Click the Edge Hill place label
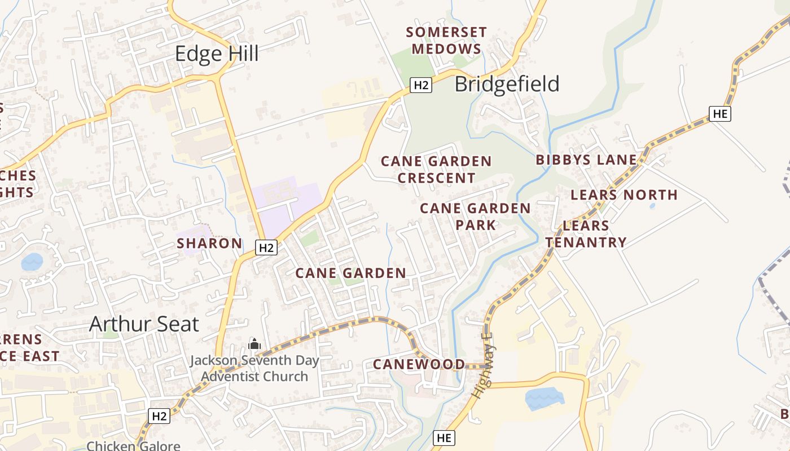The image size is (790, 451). (x=217, y=54)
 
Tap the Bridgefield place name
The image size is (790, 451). (x=507, y=84)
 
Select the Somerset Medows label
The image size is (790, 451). (x=446, y=41)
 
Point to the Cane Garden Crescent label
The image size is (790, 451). (x=436, y=170)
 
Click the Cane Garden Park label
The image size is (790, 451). (x=475, y=216)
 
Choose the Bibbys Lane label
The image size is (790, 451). (x=586, y=160)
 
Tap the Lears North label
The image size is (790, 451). (x=624, y=195)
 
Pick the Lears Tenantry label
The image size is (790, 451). (x=586, y=234)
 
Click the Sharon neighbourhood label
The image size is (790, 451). (x=209, y=244)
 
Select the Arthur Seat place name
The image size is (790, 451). (x=144, y=324)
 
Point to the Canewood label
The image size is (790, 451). (x=419, y=364)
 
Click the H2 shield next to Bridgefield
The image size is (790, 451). (x=421, y=85)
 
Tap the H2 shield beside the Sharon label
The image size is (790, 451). (x=266, y=247)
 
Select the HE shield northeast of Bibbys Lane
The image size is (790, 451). (x=719, y=113)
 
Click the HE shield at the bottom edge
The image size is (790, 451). (x=444, y=437)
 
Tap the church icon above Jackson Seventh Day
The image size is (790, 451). (x=254, y=343)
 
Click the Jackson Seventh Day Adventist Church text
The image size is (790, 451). (x=254, y=368)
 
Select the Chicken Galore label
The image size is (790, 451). (x=133, y=446)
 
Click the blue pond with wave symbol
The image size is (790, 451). (x=544, y=399)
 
